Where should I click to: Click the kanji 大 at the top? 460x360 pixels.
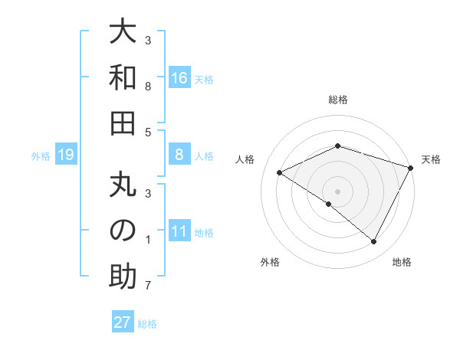pos(123,32)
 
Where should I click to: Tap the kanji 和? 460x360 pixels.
pos(123,78)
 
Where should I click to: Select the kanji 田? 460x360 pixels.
pos(123,123)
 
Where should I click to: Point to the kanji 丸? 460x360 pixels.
pos(123,185)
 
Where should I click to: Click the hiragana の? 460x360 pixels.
pos(123,231)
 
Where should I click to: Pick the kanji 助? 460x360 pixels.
pos(123,277)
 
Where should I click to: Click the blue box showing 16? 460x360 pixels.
pos(179,78)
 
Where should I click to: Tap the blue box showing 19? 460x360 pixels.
pos(65,155)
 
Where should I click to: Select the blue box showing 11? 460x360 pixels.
pos(179,232)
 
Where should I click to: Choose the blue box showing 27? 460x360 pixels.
pos(123,322)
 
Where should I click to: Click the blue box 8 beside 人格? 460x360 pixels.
pos(179,155)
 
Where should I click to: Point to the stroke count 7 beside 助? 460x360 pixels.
pos(148,286)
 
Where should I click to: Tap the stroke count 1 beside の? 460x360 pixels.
pos(148,240)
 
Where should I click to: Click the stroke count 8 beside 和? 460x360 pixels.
pos(148,87)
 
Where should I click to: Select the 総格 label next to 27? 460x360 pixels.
pos(147,324)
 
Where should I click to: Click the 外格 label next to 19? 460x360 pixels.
pos(41,156)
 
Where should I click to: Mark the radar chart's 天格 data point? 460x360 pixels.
pos(411,169)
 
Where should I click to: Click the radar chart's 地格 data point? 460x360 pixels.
pos(373,242)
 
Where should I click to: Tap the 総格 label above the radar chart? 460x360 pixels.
pos(338,100)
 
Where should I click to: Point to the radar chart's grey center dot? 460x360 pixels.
pos(337,191)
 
